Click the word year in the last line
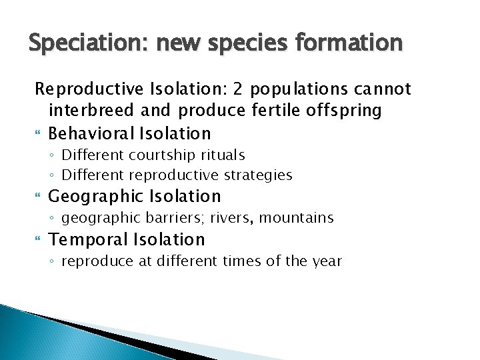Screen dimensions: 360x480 tap(327, 261)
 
